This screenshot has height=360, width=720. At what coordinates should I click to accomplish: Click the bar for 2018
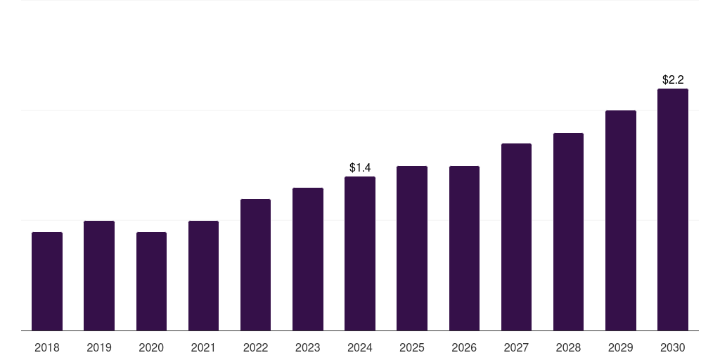(x=47, y=281)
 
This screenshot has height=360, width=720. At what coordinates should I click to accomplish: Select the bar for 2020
(x=151, y=281)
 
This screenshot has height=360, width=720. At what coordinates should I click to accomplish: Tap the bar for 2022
(x=255, y=265)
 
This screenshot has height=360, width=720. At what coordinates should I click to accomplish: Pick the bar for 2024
(x=360, y=253)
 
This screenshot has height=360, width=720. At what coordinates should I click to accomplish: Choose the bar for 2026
(x=464, y=248)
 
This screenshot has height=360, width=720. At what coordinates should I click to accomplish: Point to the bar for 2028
(x=568, y=231)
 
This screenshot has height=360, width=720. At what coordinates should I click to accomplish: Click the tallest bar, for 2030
(x=673, y=210)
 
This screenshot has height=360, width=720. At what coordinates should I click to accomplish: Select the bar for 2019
(x=99, y=276)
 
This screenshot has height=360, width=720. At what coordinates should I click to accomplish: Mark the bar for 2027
(x=516, y=237)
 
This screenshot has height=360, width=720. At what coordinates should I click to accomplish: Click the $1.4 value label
(x=360, y=167)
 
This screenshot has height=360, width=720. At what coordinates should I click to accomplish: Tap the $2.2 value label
(x=673, y=79)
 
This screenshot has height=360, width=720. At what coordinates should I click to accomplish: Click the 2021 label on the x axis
(x=203, y=347)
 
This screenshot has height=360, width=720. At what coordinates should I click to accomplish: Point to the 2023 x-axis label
(x=308, y=347)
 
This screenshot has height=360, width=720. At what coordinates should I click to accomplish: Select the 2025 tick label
(x=412, y=347)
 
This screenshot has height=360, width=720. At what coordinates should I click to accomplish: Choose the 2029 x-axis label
(x=621, y=347)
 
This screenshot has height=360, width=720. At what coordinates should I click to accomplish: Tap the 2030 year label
(x=673, y=347)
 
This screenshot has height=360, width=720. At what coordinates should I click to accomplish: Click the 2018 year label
(x=47, y=347)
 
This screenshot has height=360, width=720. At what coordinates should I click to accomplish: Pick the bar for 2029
(x=621, y=220)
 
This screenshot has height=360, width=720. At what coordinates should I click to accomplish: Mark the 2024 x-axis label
(x=360, y=347)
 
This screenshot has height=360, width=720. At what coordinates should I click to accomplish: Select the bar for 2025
(x=412, y=248)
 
